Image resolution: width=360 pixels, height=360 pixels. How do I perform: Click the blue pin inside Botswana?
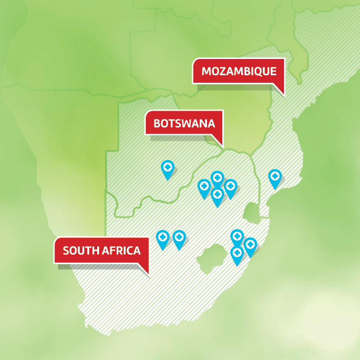click(168, 168)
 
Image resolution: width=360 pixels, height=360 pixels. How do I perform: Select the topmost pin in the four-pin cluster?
click(217, 178)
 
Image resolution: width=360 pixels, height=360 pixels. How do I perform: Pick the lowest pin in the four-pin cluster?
click(217, 195)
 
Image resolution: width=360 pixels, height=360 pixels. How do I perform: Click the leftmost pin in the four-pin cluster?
click(204, 186)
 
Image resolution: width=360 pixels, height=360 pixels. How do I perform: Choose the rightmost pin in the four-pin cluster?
click(230, 186)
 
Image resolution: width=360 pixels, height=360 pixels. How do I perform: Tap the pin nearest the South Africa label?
click(162, 237)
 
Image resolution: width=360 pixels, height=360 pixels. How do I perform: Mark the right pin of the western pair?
click(179, 238)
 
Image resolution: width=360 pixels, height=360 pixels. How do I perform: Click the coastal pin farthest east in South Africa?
click(250, 245)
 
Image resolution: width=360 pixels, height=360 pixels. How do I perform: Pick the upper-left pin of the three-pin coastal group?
click(237, 236)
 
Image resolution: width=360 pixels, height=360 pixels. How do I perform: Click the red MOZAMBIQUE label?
click(238, 72)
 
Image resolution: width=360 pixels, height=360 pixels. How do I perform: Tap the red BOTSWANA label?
click(184, 123)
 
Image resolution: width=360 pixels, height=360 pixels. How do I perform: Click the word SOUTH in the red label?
click(79, 251)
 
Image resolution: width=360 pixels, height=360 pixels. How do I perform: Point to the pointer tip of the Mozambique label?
click(284, 95)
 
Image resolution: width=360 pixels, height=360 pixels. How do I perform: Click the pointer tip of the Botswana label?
click(222, 145)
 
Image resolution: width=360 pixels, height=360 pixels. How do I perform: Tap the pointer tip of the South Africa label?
click(148, 273)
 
